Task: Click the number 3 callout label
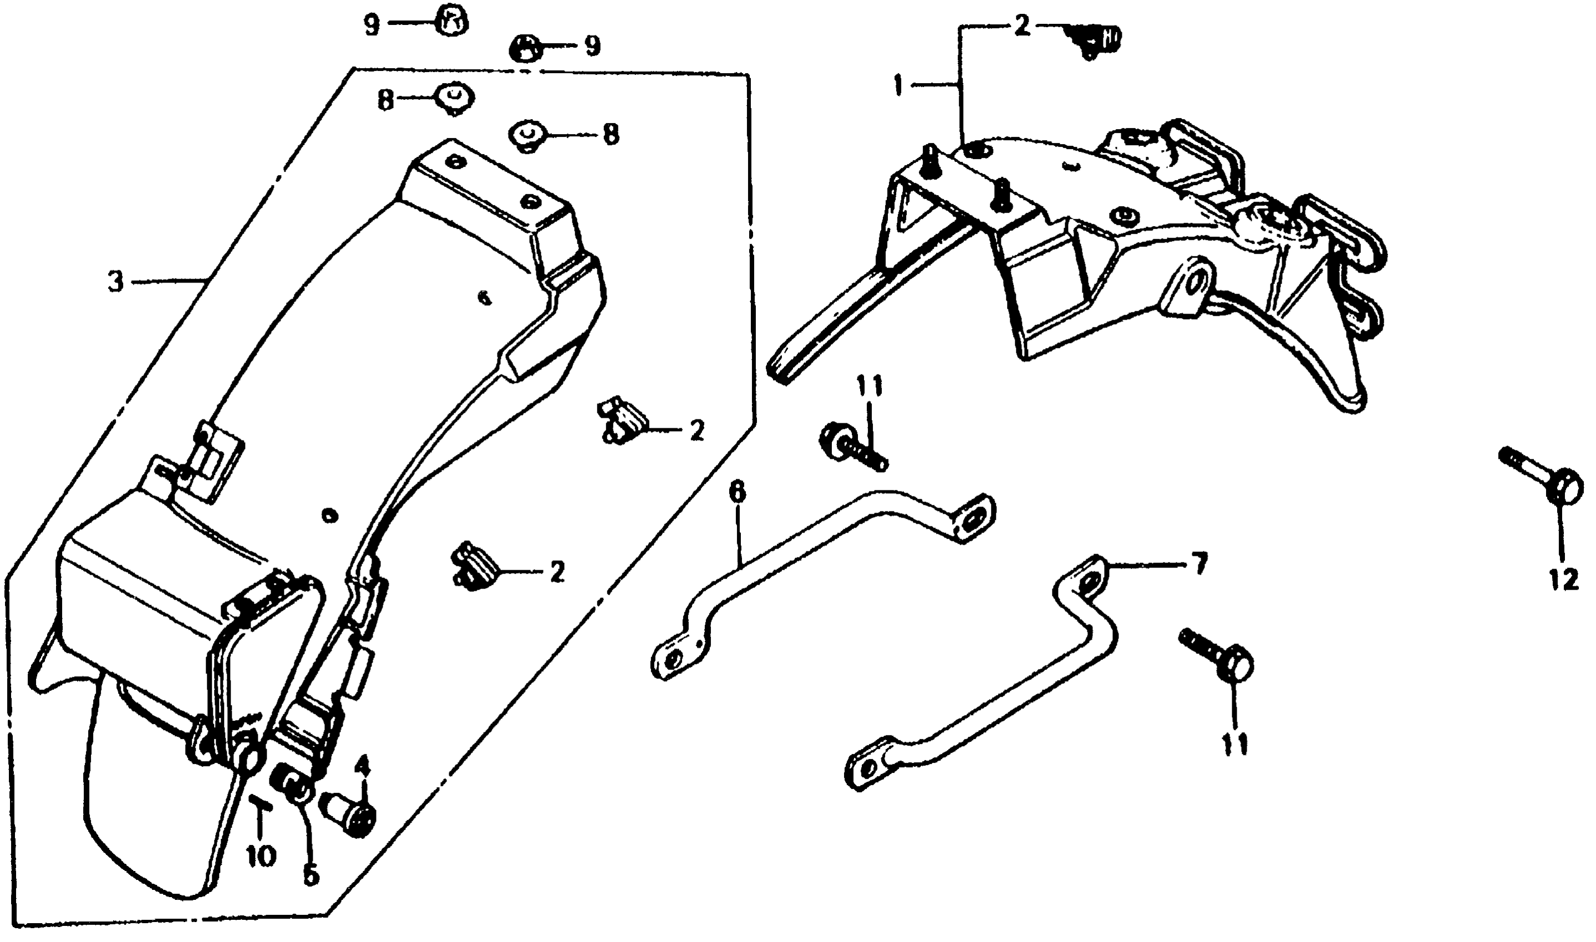click(115, 281)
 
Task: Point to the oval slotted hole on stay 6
click(972, 519)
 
